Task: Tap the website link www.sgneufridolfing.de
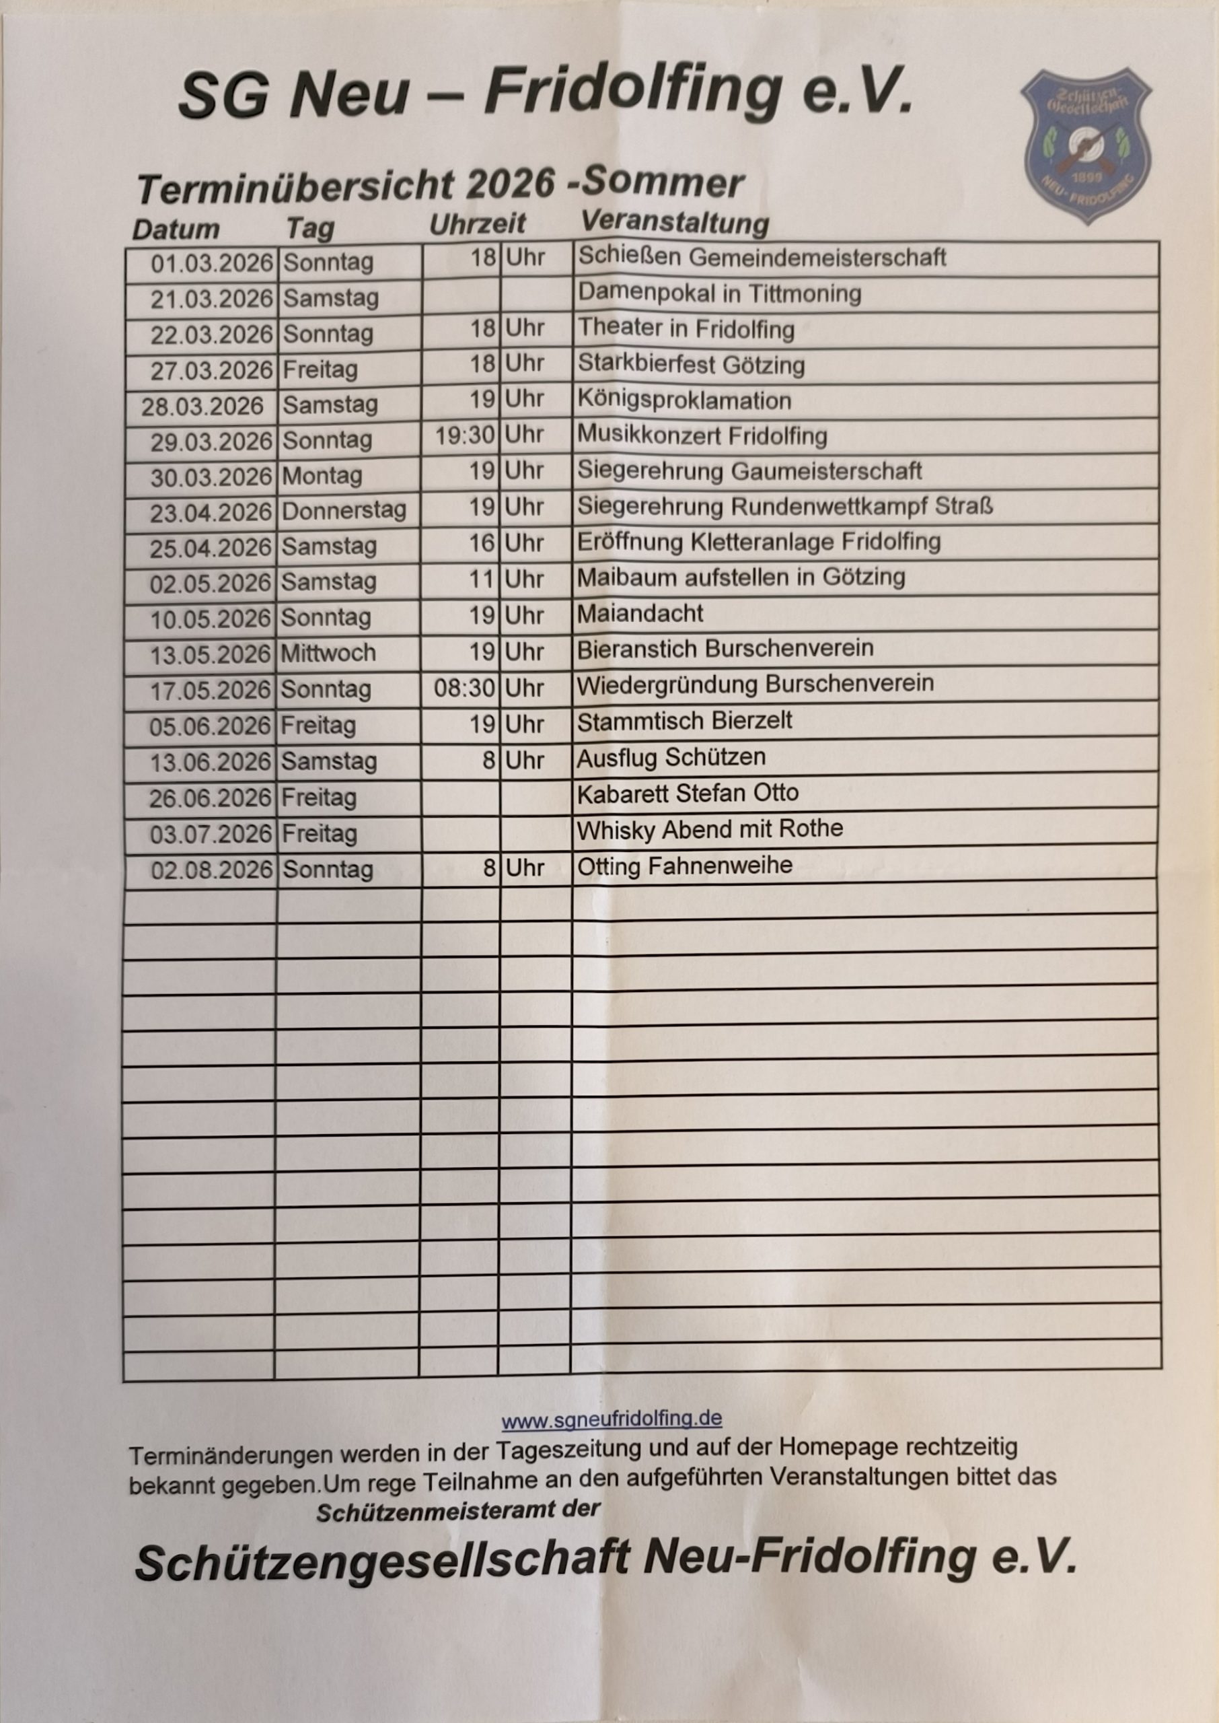coord(612,1419)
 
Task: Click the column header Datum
coord(176,229)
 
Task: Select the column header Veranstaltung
coord(675,222)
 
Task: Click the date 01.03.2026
coord(212,264)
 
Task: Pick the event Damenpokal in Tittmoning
coord(719,293)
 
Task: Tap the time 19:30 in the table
coord(466,435)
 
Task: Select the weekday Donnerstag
coord(344,512)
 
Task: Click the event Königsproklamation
coord(684,400)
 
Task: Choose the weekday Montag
coord(322,476)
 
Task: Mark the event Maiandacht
coord(640,613)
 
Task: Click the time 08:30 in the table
coord(465,689)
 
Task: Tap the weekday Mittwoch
coord(328,653)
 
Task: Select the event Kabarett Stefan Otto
coord(687,793)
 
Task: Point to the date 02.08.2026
coord(212,870)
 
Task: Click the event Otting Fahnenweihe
coord(684,866)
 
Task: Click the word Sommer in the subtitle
coord(663,183)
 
